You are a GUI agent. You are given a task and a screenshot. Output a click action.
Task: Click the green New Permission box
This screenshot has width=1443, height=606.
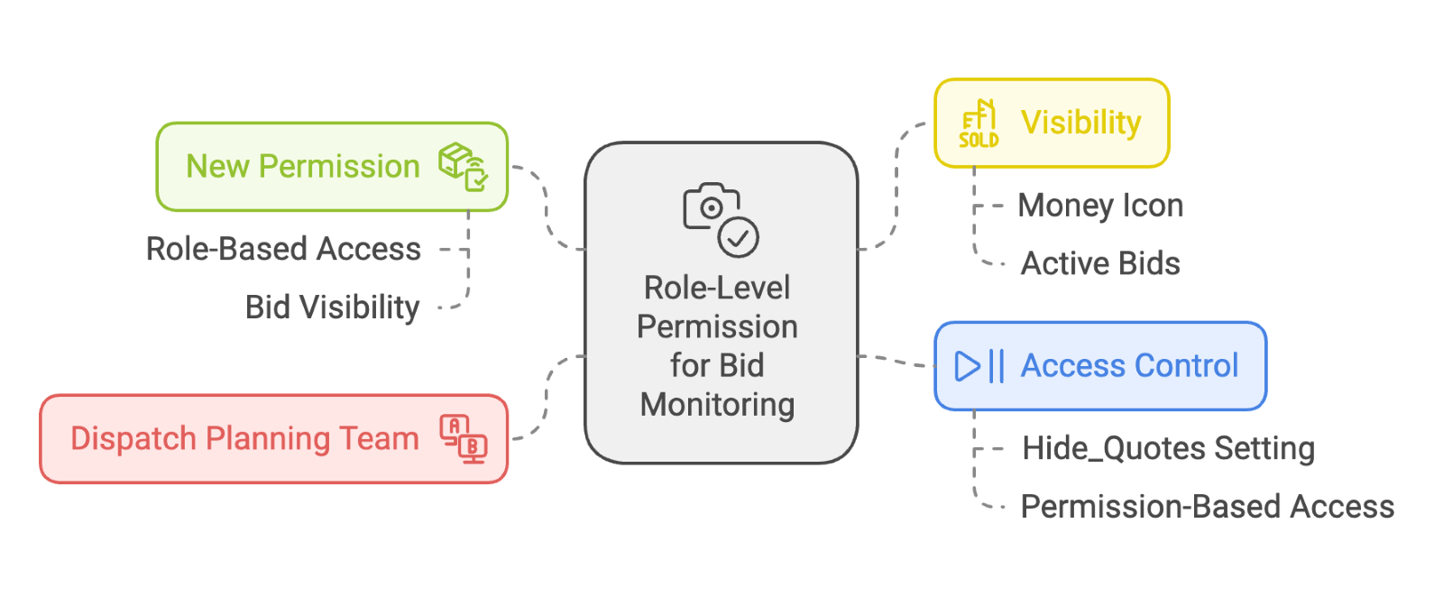click(x=332, y=167)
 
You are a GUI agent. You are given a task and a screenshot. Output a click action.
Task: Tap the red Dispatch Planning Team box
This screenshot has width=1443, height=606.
click(x=273, y=439)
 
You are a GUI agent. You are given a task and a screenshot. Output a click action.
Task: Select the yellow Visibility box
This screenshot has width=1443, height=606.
click(x=1052, y=123)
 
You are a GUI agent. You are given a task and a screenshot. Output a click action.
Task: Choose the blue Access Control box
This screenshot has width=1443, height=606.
click(x=1100, y=366)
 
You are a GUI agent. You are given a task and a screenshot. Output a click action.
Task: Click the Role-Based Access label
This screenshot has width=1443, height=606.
click(x=283, y=249)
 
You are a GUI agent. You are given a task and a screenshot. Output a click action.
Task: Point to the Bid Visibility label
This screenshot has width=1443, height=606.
click(x=332, y=308)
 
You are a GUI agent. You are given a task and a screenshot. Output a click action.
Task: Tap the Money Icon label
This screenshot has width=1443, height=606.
click(x=1100, y=206)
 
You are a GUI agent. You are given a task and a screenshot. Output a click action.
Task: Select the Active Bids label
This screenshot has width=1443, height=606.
click(x=1100, y=264)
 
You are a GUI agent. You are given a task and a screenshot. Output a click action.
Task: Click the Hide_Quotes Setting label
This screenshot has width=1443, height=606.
click(x=1168, y=448)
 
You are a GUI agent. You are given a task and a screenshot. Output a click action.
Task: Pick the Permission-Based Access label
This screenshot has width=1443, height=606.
click(x=1207, y=507)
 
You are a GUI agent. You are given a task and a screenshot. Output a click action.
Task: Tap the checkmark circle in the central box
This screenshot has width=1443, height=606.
click(x=739, y=238)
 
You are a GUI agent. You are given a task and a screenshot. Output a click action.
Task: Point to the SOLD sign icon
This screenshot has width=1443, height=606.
click(x=979, y=124)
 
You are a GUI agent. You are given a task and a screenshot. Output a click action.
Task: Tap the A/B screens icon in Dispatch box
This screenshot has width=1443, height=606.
click(x=464, y=439)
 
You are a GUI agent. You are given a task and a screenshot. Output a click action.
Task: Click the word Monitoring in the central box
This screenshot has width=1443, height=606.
click(x=717, y=405)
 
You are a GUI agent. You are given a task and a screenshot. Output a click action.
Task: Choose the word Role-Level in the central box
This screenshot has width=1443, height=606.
click(x=717, y=288)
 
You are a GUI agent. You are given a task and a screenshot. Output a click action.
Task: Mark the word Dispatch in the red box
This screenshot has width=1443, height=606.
click(x=133, y=439)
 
